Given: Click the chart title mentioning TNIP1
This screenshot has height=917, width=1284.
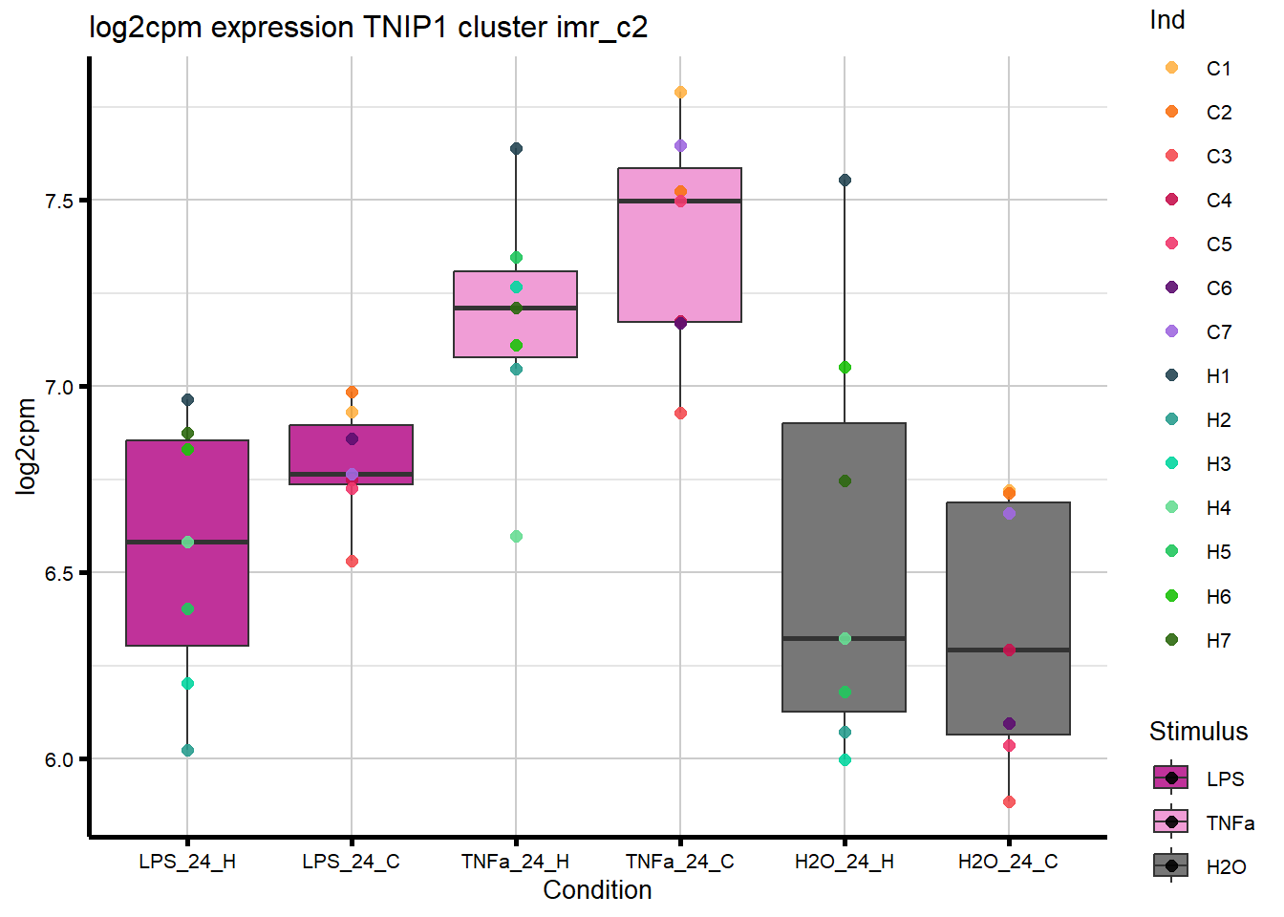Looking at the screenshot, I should [368, 28].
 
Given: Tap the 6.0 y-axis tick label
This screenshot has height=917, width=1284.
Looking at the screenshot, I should [60, 759].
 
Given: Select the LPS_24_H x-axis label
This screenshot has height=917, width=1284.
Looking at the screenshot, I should [187, 862].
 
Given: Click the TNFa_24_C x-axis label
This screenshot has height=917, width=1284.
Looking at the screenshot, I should [679, 862].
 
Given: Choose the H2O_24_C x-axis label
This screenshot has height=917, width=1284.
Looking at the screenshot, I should [1008, 862].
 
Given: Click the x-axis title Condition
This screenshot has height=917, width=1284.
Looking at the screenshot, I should [597, 890].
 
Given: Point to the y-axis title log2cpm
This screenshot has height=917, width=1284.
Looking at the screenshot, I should [26, 447].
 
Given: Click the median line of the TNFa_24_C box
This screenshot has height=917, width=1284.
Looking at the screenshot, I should [679, 202].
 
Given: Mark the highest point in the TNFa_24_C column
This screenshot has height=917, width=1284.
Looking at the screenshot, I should [680, 93].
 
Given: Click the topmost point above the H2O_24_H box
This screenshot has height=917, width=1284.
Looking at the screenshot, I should [845, 181].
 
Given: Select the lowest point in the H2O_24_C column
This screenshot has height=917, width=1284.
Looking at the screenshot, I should [1009, 802].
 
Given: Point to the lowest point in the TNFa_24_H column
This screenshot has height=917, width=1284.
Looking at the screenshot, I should [516, 537].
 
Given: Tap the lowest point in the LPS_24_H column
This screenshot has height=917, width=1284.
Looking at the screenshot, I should [187, 751].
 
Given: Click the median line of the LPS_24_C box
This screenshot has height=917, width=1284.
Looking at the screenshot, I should [351, 474].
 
